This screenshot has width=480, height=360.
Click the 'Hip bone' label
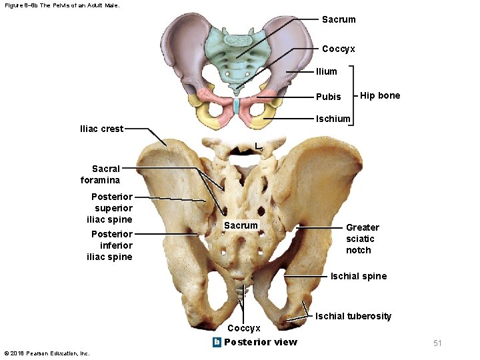tap(380, 95)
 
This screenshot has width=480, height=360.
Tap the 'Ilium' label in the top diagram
tap(327, 71)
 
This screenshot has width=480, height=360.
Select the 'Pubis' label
tap(328, 97)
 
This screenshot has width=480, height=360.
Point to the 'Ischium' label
tap(333, 119)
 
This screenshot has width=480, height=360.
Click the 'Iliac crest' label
tap(101, 129)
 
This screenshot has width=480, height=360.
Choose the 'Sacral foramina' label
tap(100, 175)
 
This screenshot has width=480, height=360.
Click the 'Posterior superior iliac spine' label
tap(111, 208)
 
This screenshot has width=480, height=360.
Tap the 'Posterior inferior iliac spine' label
tap(111, 245)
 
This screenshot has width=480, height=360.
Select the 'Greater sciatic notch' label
tap(362, 239)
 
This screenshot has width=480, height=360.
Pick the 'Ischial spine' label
tap(359, 276)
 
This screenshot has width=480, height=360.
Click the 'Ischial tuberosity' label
tap(353, 316)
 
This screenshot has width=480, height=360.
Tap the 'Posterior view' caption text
tap(261, 342)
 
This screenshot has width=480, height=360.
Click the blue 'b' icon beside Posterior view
tap(216, 342)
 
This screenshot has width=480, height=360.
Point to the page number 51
tap(437, 343)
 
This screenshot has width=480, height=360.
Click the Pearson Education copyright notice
tap(47, 353)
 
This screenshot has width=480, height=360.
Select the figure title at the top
tap(61, 5)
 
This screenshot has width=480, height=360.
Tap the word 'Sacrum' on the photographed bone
tap(241, 225)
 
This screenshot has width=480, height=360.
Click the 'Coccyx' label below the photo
tap(243, 328)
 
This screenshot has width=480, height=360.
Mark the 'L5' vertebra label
tap(259, 147)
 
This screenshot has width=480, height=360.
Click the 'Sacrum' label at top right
tap(339, 19)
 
